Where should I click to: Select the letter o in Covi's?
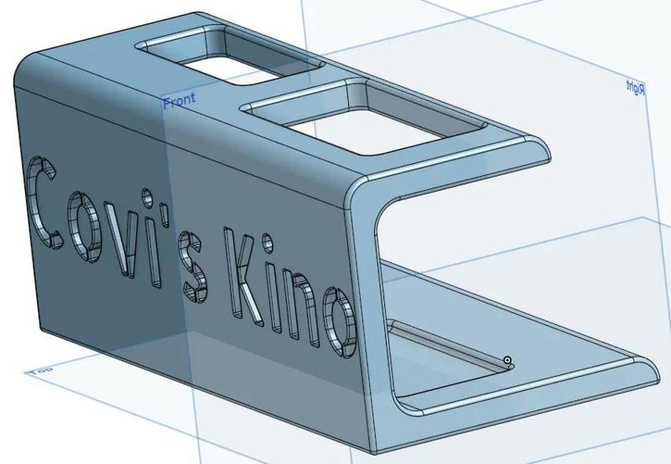pyautogui.click(x=85, y=223)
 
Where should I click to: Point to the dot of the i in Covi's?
pyautogui.click(x=148, y=198)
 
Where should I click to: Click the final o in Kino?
pyautogui.click(x=340, y=320)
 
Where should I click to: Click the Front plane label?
pyautogui.click(x=179, y=101)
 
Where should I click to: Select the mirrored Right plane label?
pyautogui.click(x=636, y=87)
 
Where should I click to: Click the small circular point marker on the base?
pyautogui.click(x=507, y=362)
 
